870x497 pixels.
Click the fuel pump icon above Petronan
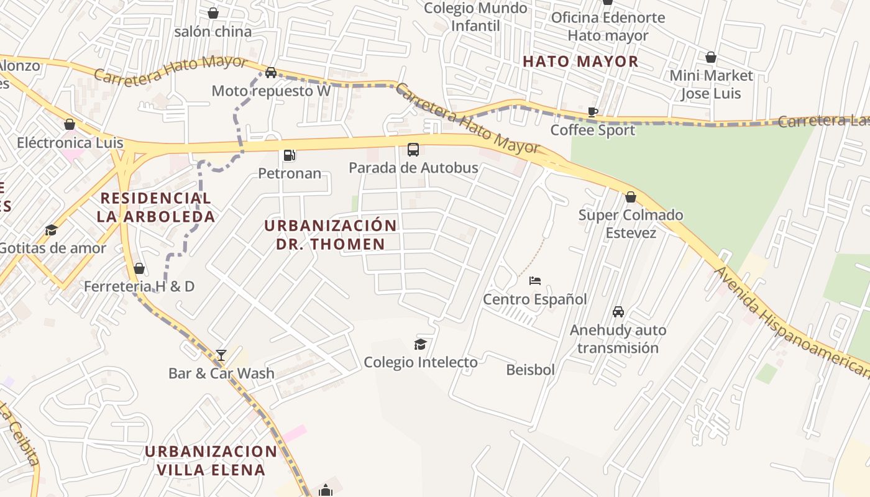point(289,155)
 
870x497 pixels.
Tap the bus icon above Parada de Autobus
point(413,150)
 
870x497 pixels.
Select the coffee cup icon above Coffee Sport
point(593,112)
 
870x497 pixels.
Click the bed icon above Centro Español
point(535,281)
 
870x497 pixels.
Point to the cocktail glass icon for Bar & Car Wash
point(221,355)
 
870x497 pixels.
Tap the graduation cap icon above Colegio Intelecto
point(421,344)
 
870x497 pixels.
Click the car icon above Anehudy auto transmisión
point(618,312)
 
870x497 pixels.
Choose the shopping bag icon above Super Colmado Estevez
point(631,198)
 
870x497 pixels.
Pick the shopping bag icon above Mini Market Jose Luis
point(711,58)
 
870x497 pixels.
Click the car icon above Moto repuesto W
point(271,73)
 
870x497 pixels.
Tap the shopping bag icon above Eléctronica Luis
point(70,125)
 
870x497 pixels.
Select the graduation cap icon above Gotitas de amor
point(51,230)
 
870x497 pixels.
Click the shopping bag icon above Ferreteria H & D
point(139,268)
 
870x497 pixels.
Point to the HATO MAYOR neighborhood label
point(580,62)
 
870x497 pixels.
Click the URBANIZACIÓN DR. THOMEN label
point(331,235)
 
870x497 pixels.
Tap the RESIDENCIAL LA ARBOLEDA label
point(156,207)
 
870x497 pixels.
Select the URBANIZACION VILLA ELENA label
point(211,460)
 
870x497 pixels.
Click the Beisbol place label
point(530,370)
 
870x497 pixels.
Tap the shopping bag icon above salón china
point(213,13)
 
